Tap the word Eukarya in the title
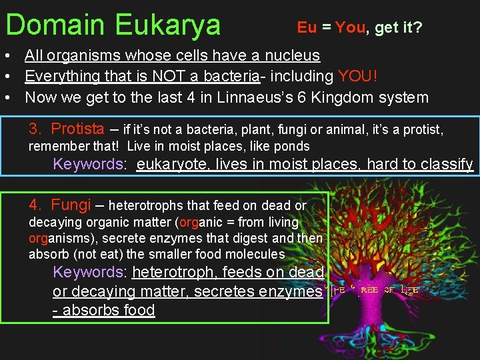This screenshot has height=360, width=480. coord(167,25)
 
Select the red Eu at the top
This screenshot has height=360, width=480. coord(307,27)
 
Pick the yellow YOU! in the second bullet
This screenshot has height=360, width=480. coord(359,77)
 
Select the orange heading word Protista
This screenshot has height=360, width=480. coord(77,129)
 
